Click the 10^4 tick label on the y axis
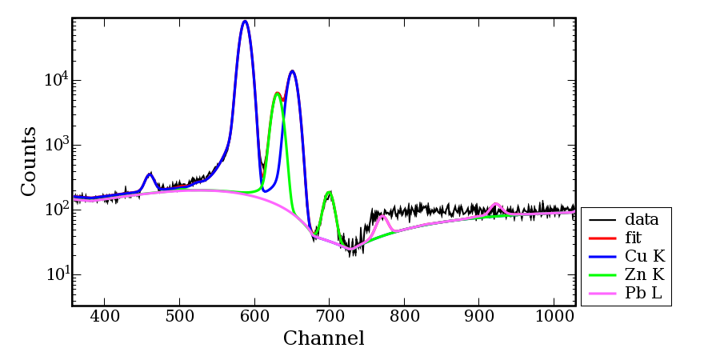pyautogui.click(x=56, y=80)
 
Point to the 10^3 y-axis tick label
pyautogui.click(x=56, y=145)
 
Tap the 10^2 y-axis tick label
pyautogui.click(x=56, y=210)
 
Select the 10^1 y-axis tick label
pyautogui.click(x=56, y=274)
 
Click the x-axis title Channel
pyautogui.click(x=323, y=338)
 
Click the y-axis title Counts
pyautogui.click(x=29, y=161)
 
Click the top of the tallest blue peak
pyautogui.click(x=245, y=22)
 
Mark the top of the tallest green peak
pyautogui.click(x=277, y=94)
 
